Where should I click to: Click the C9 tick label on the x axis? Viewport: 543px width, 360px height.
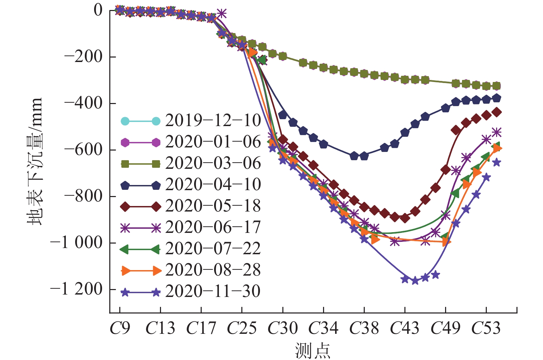[120, 328]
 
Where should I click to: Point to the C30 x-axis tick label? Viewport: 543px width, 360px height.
[283, 328]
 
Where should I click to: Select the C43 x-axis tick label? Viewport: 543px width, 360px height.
[405, 328]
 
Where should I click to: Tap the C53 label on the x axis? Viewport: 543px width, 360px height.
[486, 328]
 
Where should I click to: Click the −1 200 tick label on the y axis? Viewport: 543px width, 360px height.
[77, 289]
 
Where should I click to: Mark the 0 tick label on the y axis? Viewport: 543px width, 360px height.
[98, 10]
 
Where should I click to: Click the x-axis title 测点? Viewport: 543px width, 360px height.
[313, 351]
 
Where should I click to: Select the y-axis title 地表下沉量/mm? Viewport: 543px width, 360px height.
[35, 161]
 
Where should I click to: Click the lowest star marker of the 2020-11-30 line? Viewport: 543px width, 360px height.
[415, 280]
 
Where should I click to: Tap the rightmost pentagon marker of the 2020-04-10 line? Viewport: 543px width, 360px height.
[496, 98]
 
